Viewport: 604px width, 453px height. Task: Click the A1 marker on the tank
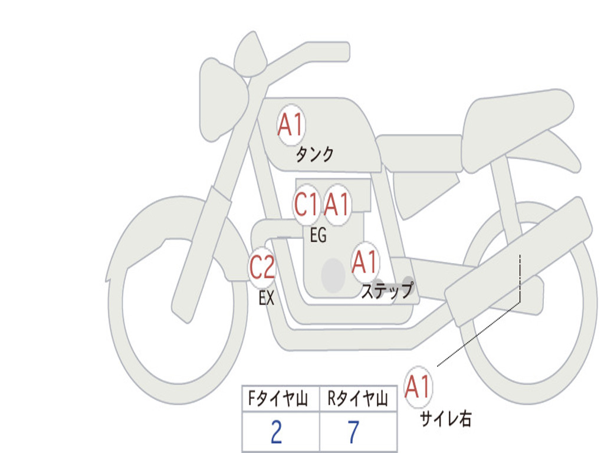point(291,125)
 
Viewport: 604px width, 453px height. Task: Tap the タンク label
point(314,155)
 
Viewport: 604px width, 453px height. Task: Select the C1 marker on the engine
point(306,204)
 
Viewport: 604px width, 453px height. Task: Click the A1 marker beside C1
point(337,204)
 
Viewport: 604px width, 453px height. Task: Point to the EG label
point(318,235)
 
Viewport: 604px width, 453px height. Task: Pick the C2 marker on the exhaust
point(262,267)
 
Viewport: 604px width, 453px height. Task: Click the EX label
point(267,298)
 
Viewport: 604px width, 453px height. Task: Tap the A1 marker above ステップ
point(365,262)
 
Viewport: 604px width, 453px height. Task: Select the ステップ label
point(387,290)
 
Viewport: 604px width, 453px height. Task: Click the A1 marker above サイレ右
point(418,387)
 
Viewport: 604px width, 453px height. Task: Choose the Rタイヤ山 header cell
point(358,398)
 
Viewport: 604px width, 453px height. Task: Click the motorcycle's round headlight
point(222,100)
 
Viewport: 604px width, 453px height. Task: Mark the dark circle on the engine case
point(333,275)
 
